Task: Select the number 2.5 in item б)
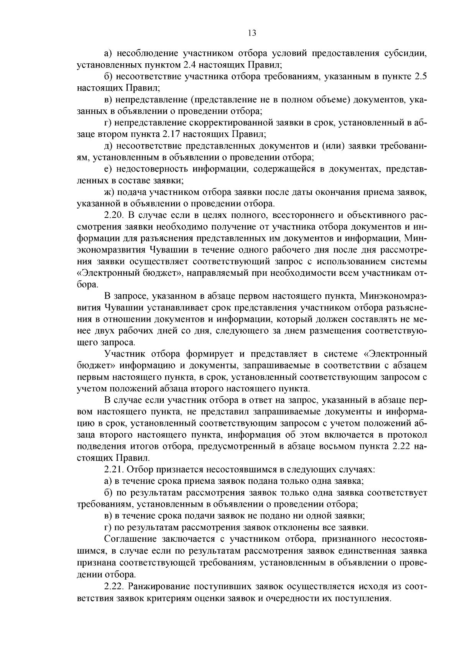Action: click(421, 77)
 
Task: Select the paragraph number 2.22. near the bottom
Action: click(114, 587)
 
